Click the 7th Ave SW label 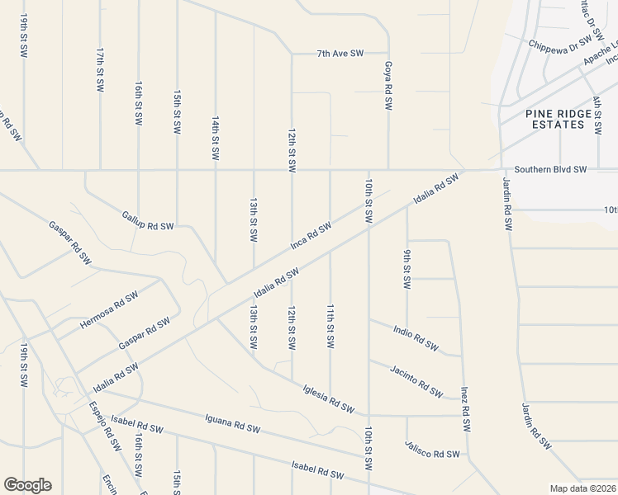pyautogui.click(x=340, y=54)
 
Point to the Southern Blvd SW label pyautogui.click(x=550, y=169)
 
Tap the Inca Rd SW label pyautogui.click(x=311, y=234)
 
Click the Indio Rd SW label pyautogui.click(x=415, y=338)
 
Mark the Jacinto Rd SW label pyautogui.click(x=416, y=378)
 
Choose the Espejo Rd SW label pyautogui.click(x=105, y=426)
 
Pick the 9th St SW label pyautogui.click(x=406, y=269)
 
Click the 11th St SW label pyautogui.click(x=330, y=323)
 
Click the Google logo pyautogui.click(x=27, y=485)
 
